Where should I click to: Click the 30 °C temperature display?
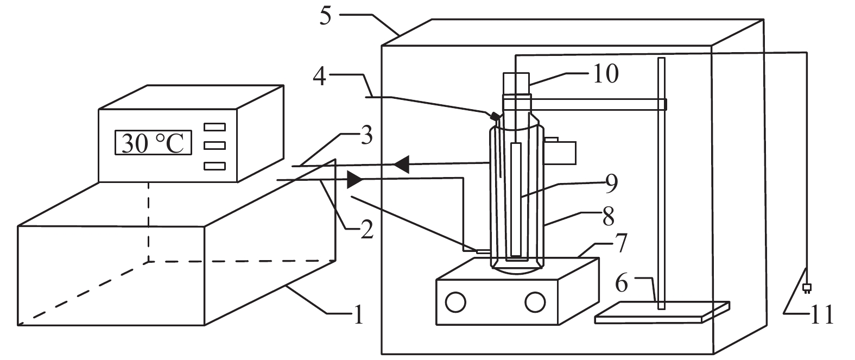(x=153, y=143)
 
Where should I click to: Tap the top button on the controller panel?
(x=214, y=127)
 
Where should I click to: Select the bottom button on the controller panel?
(x=214, y=166)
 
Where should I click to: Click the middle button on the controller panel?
(x=214, y=146)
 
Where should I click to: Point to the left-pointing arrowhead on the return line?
(x=401, y=165)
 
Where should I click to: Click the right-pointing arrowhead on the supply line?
(x=354, y=179)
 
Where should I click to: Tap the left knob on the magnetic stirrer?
(x=455, y=302)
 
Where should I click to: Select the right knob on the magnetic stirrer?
(x=535, y=302)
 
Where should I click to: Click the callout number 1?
(x=358, y=314)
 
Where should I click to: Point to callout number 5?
(x=325, y=16)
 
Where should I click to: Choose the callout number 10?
(x=606, y=73)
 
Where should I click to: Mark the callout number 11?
(x=821, y=315)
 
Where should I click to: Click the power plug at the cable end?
(x=807, y=288)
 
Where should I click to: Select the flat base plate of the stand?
(x=662, y=313)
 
